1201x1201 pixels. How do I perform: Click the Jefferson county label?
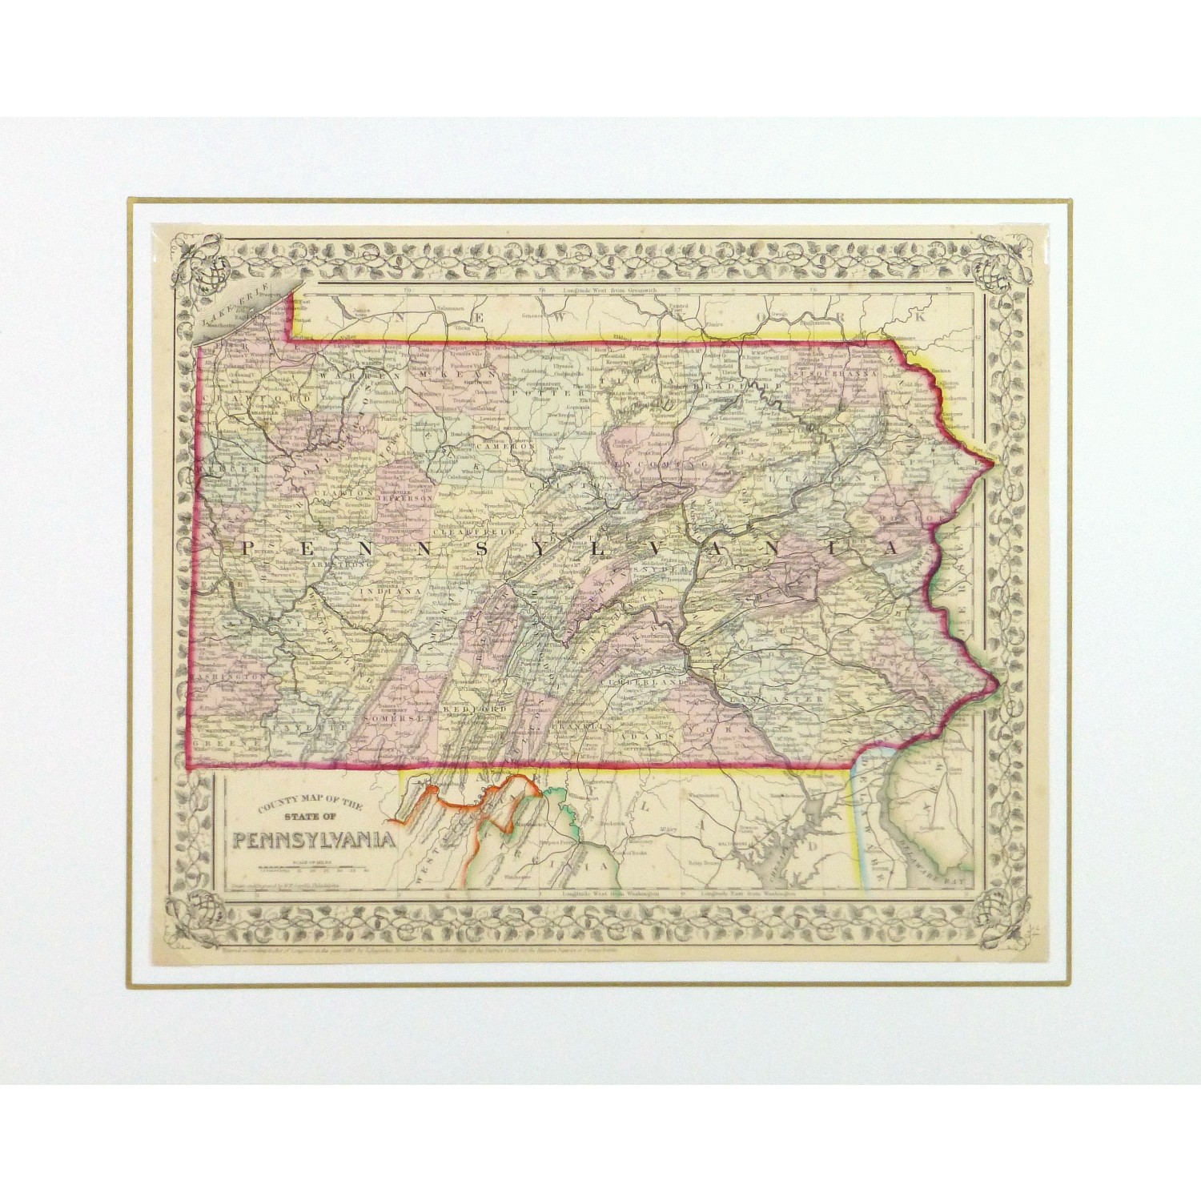[x=409, y=497]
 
